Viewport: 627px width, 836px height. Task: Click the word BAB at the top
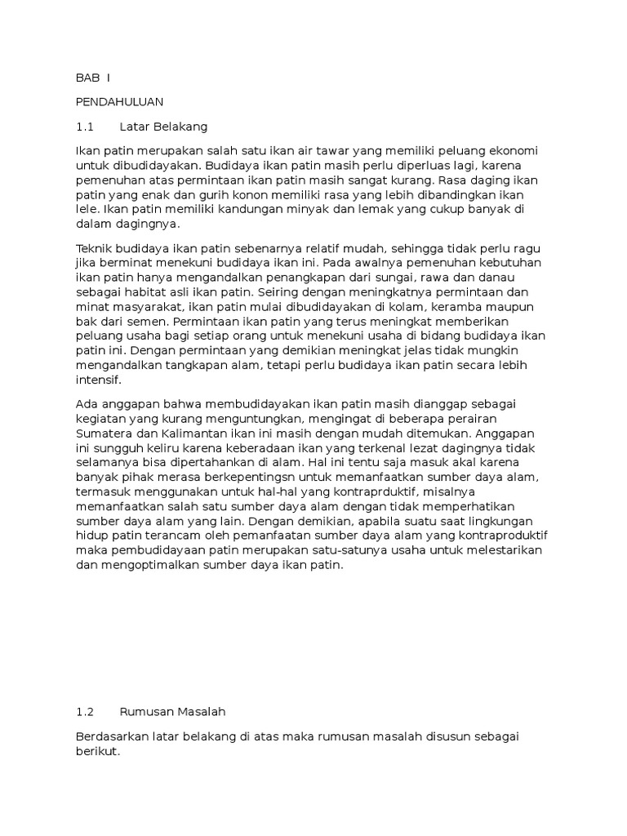[87, 78]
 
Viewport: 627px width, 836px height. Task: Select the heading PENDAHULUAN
[119, 102]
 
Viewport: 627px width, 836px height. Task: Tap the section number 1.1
[85, 127]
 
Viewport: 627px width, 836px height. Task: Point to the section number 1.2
[85, 712]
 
